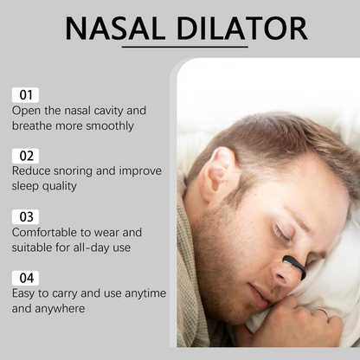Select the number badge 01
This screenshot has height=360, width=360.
[25, 94]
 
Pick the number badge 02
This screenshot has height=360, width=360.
[25, 155]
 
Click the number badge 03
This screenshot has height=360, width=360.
[25, 216]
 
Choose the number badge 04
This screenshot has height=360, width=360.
[25, 278]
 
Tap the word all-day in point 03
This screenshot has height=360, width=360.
[84, 247]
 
